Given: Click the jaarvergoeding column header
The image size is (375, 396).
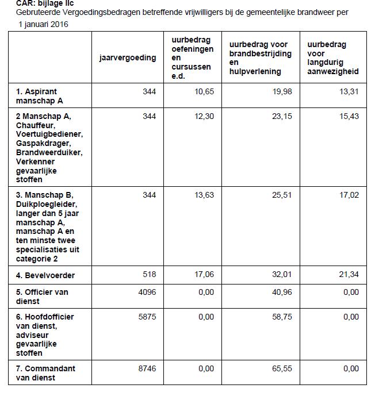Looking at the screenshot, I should click(128, 58).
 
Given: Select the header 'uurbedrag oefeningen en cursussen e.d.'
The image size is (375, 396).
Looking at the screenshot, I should click(192, 58).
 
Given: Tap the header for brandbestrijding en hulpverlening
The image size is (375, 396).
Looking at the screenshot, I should click(260, 58).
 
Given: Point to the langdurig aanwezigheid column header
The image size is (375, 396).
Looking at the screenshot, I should click(333, 58).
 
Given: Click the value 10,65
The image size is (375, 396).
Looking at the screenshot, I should click(204, 91).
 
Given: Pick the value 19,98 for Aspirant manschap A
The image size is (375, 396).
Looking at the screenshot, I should click(282, 91).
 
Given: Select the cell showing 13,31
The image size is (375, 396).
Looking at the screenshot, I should click(349, 91).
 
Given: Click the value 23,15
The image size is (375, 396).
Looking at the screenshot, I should click(282, 116).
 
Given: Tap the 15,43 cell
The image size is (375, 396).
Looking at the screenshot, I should click(349, 116).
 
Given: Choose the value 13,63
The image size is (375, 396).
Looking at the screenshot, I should click(204, 195).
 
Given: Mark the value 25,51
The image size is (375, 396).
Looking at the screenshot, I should click(282, 195).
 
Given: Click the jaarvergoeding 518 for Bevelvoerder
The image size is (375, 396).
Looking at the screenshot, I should click(149, 275).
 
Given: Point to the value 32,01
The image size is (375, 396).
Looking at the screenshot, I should click(282, 275).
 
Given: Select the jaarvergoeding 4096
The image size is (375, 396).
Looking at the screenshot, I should click(147, 292).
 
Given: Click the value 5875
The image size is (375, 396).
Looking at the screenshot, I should click(147, 317).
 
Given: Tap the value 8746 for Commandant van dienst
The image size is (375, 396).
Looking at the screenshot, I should click(147, 368).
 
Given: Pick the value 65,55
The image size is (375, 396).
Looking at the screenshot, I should click(282, 368).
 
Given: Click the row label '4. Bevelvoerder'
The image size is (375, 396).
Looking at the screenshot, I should click(45, 275).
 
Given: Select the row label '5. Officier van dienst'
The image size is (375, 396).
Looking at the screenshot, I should click(42, 296).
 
